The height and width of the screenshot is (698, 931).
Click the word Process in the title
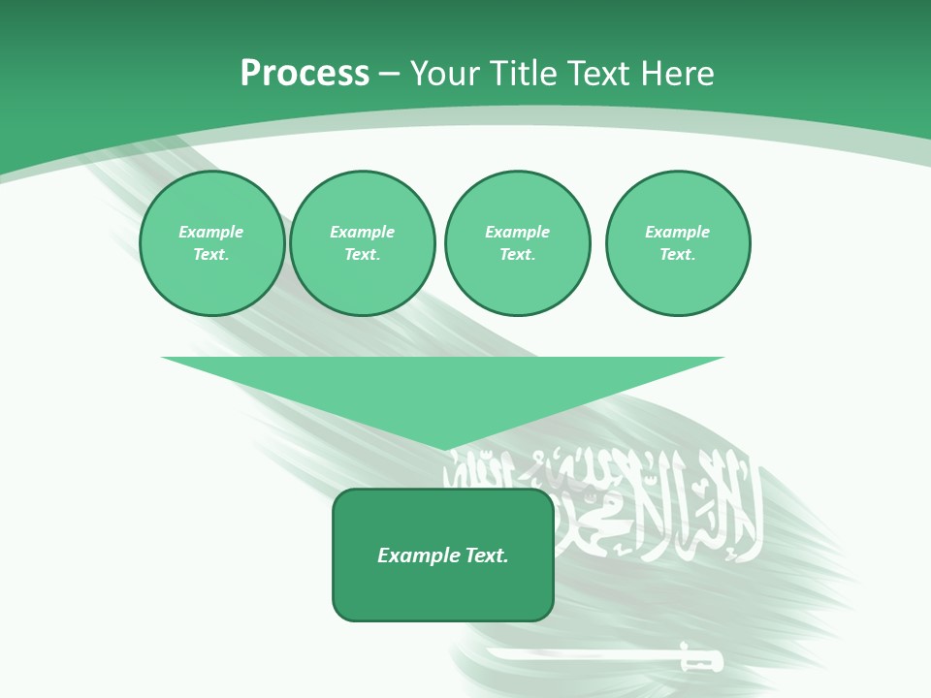point(305,74)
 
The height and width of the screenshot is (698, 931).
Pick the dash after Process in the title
point(389,75)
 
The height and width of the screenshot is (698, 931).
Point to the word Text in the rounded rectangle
point(487,555)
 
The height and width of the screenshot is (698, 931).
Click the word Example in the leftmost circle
point(211,232)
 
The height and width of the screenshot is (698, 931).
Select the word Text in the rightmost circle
point(676,254)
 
